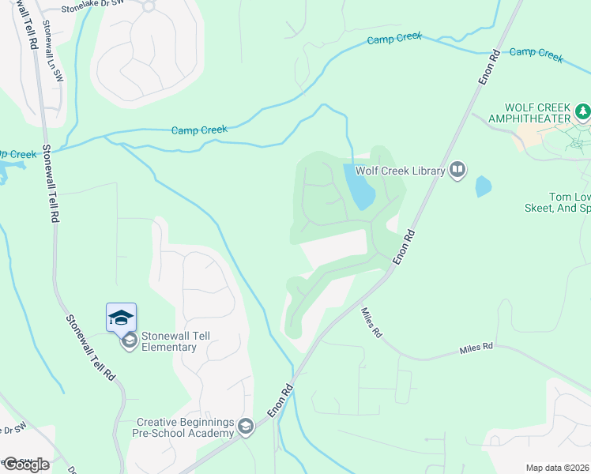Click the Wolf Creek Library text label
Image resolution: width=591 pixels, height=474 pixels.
[399, 169]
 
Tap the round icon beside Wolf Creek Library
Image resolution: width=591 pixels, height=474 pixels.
[457, 169]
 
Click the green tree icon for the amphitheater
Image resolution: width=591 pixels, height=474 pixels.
[583, 111]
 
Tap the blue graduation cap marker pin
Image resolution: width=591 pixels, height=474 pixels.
[121, 318]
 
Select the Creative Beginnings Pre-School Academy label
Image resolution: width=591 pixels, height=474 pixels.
[186, 427]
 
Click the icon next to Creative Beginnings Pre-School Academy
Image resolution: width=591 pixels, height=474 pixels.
[246, 427]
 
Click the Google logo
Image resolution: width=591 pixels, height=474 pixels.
[25, 464]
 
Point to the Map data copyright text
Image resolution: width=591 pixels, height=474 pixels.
[558, 468]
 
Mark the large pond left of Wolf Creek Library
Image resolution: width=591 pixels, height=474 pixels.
[359, 187]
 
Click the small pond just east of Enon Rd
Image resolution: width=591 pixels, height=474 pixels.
[483, 186]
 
